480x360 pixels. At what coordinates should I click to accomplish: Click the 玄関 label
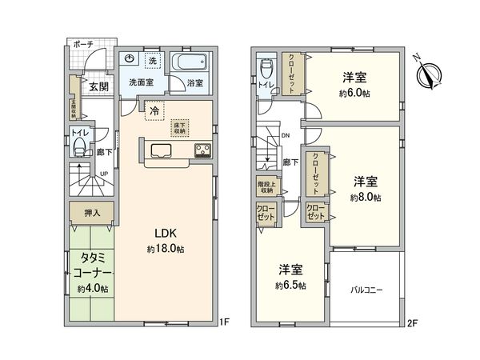point(98,86)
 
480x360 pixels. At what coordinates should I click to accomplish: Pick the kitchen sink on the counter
point(158,150)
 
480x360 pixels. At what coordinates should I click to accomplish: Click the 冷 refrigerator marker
point(154,112)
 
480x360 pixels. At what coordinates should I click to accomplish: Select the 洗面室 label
point(142,82)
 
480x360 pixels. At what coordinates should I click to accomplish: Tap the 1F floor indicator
point(225,323)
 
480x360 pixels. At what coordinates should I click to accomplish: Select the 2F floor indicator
point(412,323)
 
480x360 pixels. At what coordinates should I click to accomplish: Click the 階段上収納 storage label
point(266,189)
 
